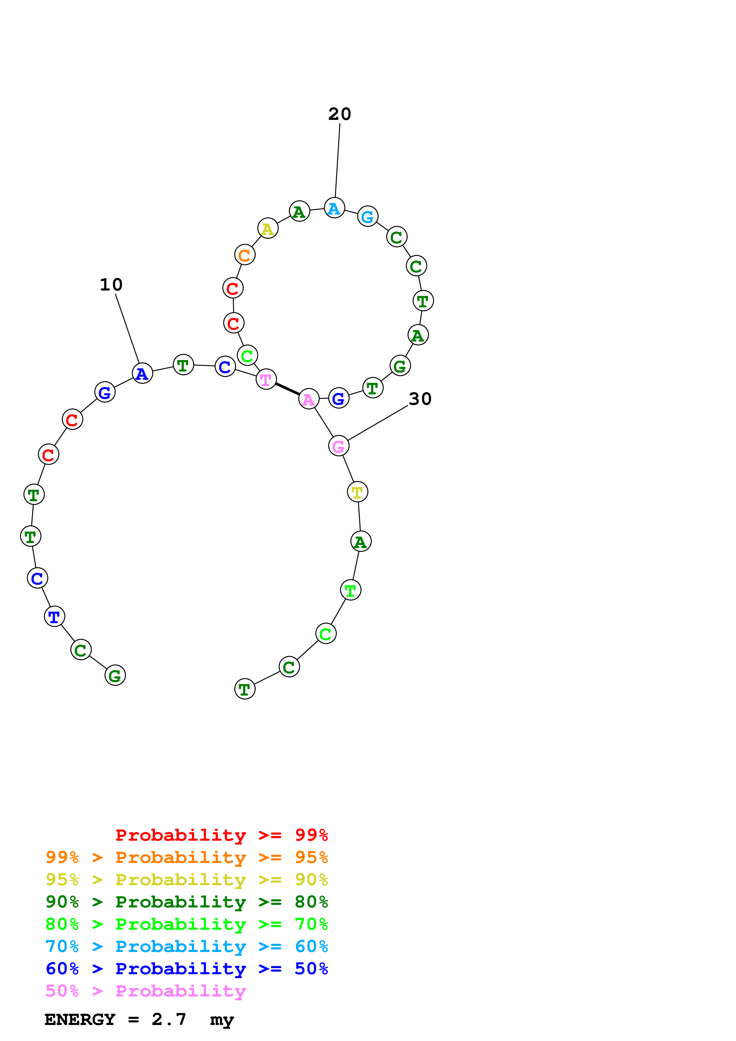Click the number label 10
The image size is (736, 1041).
click(111, 285)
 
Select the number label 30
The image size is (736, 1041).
click(420, 399)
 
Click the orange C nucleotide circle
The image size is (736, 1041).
click(245, 255)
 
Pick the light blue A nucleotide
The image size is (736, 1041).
click(335, 208)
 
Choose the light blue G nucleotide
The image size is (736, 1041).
click(368, 217)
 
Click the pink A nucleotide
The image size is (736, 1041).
click(309, 399)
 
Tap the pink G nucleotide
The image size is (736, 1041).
click(339, 446)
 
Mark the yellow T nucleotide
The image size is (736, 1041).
click(357, 492)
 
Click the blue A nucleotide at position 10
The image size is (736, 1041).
click(143, 374)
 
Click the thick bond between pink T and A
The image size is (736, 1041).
click(287, 389)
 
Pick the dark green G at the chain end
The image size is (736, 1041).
click(115, 676)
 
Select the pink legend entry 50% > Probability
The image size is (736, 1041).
click(145, 991)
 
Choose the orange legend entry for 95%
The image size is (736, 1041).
click(186, 857)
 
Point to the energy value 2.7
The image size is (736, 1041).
click(169, 1019)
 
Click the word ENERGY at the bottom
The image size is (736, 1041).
click(80, 1019)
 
